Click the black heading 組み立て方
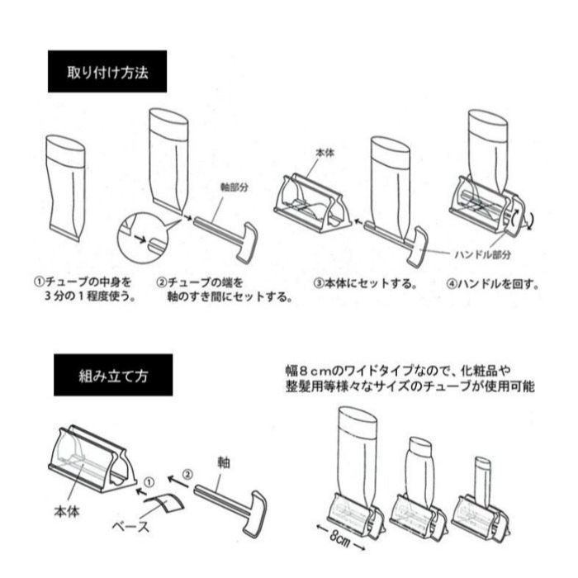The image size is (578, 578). (113, 375)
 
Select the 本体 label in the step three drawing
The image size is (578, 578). (325, 154)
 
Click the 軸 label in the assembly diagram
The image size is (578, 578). (223, 460)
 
